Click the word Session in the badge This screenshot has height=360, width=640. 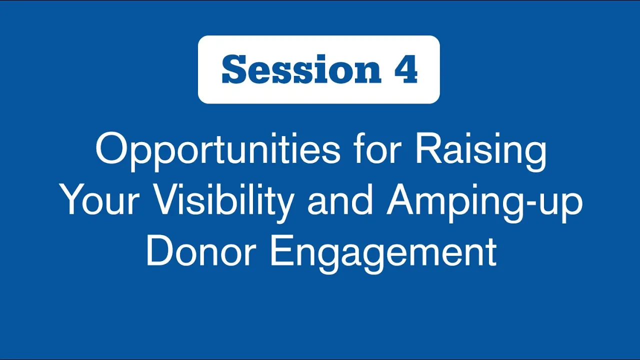[x=301, y=69]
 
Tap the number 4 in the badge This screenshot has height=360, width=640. [x=406, y=69]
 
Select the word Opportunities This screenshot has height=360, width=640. [x=218, y=151]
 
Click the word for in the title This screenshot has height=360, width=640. [x=375, y=148]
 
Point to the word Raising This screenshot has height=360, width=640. [x=481, y=151]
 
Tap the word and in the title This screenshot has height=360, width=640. [x=340, y=199]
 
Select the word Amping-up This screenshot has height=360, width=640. [x=484, y=202]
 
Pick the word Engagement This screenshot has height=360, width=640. [x=383, y=253]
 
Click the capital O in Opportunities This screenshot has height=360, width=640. [x=111, y=148]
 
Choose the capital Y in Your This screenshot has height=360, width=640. [x=75, y=199]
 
